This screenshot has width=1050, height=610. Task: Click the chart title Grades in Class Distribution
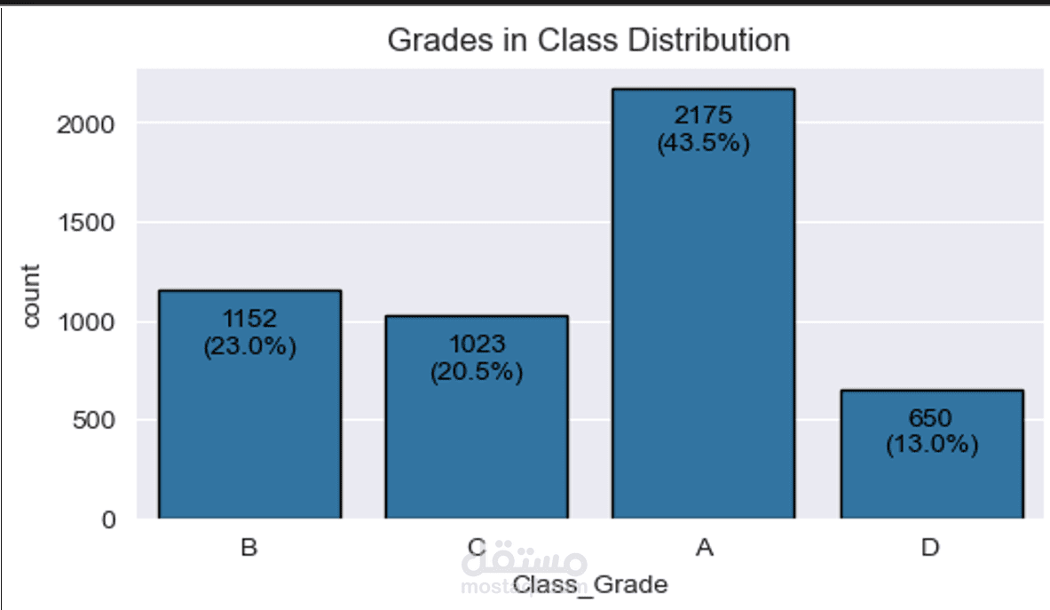588,40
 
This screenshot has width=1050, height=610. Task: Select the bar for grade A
703,304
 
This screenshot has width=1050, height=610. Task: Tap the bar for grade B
249,404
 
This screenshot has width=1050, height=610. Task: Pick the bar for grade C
477,417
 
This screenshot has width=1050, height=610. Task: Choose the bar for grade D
932,454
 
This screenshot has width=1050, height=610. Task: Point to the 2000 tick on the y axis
86,124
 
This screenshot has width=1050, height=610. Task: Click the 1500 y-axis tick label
86,223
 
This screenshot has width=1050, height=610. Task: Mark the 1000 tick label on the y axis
86,322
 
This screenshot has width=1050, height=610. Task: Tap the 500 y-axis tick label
94,421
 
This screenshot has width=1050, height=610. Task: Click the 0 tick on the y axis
108,519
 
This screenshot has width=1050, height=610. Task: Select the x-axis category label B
249,548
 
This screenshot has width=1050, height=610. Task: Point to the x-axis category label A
705,548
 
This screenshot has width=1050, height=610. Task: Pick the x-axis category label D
930,548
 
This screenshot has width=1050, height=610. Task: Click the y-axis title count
31,296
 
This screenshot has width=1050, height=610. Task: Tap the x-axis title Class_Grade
590,584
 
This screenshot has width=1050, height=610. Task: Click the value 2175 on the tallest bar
703,115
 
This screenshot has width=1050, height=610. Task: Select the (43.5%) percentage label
703,143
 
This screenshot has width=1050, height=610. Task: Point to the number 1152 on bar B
249,319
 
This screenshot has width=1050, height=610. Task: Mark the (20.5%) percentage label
477,372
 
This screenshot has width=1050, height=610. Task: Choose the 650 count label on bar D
930,418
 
